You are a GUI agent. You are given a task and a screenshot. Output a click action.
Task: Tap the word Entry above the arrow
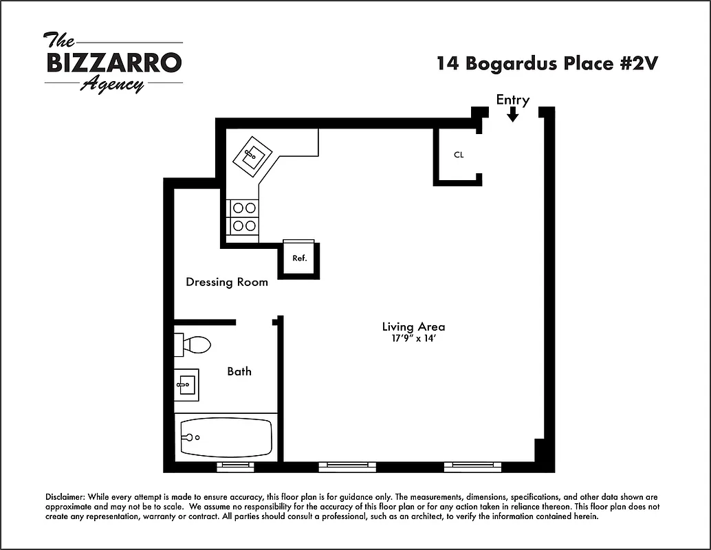coord(513,100)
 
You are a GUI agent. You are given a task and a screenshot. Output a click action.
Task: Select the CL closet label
coord(459,155)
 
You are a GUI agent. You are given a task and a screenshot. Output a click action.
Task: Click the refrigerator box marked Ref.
coord(299,258)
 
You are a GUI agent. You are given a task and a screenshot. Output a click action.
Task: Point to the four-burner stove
coord(243,216)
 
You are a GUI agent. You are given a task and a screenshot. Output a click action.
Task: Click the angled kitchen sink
coord(252,157)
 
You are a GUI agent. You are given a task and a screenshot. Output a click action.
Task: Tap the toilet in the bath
coord(193,344)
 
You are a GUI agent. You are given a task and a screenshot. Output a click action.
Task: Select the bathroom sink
coord(186,385)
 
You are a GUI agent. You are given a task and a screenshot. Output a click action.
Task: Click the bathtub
coord(226,437)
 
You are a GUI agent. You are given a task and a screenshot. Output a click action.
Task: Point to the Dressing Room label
coord(227,282)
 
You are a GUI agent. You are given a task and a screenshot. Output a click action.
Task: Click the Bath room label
coord(239,371)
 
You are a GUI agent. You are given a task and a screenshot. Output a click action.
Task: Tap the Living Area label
coord(413,327)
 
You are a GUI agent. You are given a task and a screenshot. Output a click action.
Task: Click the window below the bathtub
coord(235,467)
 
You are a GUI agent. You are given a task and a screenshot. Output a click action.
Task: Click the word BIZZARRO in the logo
coord(114,63)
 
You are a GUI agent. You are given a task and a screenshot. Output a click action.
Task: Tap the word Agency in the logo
coord(112,85)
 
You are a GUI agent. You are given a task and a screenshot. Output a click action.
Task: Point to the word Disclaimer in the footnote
coord(67,496)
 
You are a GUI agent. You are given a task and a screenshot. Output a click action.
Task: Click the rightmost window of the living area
coord(472,467)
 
